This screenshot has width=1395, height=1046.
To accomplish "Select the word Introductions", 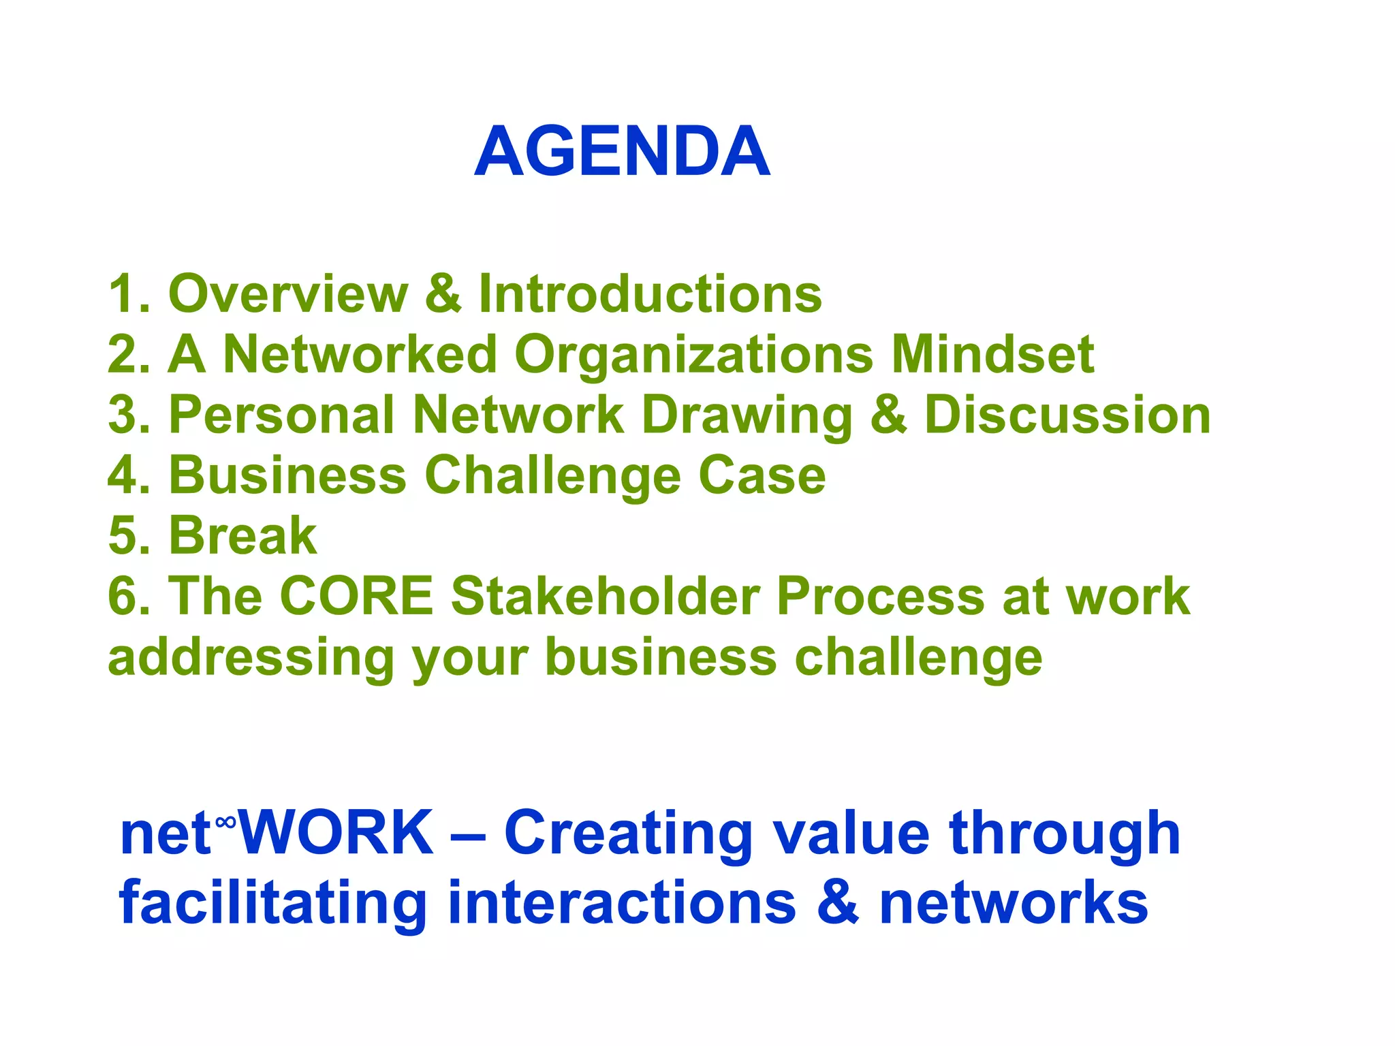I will click(650, 294).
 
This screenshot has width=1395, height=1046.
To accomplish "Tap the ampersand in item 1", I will click(443, 294).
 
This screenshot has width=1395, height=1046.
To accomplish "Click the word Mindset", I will click(992, 354).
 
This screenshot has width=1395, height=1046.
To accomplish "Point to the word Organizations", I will click(693, 355).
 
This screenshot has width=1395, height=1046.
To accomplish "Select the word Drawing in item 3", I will click(747, 416).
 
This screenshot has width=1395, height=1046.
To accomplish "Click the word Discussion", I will click(1067, 415).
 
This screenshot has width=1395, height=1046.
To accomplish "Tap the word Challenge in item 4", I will click(552, 477).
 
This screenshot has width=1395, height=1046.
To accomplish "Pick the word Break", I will click(242, 535).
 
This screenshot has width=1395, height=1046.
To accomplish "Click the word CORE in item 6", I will click(356, 596).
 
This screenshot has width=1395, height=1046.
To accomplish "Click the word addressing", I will click(251, 659).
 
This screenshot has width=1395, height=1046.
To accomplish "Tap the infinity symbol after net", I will click(225, 823).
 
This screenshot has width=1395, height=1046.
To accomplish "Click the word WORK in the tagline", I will click(335, 833).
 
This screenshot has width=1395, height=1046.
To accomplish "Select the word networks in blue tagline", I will click(1013, 903).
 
